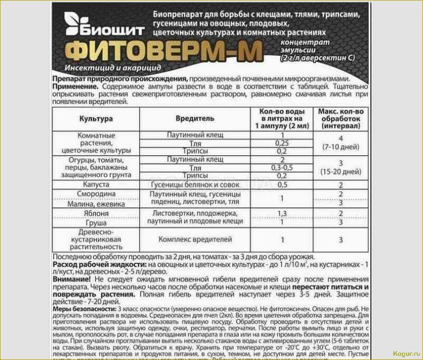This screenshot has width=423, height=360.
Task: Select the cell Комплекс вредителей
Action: pyautogui.click(x=195, y=239)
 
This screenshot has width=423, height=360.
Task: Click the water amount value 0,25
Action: pyautogui.click(x=282, y=144)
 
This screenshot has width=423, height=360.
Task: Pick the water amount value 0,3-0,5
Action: pyautogui.click(x=282, y=167)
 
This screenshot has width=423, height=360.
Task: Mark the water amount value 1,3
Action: pyautogui.click(x=282, y=213)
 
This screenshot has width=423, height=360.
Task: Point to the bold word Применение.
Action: pyautogui.click(x=75, y=86)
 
